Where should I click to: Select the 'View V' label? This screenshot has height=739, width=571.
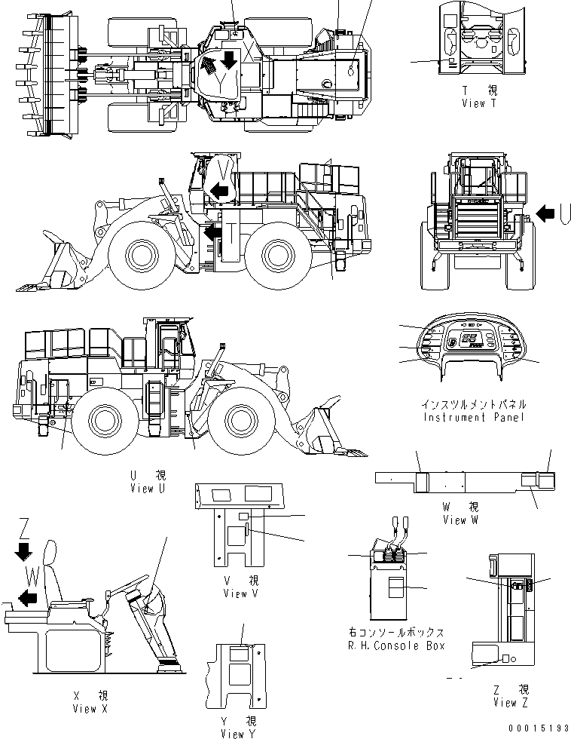[x=240, y=593]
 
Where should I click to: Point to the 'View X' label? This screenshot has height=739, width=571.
[x=90, y=708]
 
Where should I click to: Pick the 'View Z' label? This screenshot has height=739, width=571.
[x=511, y=703]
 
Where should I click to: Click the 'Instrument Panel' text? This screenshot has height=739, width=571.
[x=474, y=417]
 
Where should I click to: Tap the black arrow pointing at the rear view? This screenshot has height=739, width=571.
[x=544, y=214]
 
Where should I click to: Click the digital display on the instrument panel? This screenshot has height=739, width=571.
[x=472, y=341]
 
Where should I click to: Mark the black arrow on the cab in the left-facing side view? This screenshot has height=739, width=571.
[x=220, y=191]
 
